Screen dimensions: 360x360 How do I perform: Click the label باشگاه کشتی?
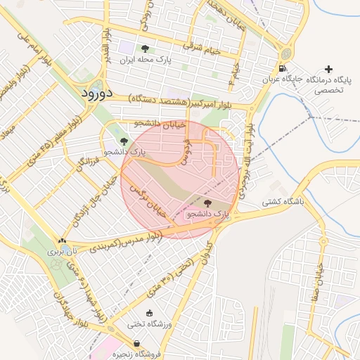coord(282,202)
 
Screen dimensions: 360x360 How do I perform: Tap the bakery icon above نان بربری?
coord(64,240)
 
